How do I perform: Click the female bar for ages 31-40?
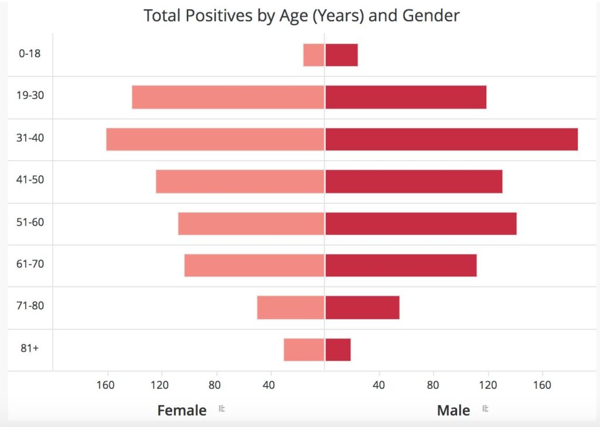[x=215, y=139]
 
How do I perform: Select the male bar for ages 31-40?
[x=451, y=139]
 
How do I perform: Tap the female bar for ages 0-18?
[x=313, y=55]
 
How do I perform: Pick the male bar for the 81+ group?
[x=338, y=350]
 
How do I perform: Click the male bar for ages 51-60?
[x=421, y=224]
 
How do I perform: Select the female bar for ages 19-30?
[x=228, y=97]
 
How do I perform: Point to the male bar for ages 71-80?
[x=362, y=308]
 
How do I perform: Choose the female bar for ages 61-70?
[x=254, y=265]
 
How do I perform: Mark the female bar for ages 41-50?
[x=240, y=182]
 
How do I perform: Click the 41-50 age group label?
[x=30, y=179]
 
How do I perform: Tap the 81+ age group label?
[x=30, y=348]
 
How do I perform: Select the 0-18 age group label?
[x=30, y=53]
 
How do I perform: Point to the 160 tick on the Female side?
[x=105, y=385]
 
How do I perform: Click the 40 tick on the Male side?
[x=379, y=385]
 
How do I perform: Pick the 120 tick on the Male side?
[x=487, y=385]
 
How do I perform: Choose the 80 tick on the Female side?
[x=215, y=385]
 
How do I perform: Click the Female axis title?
[x=182, y=410]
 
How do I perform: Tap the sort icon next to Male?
[x=485, y=409]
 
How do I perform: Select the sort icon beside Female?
[x=221, y=409]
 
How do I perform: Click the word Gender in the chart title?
[x=431, y=15]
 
